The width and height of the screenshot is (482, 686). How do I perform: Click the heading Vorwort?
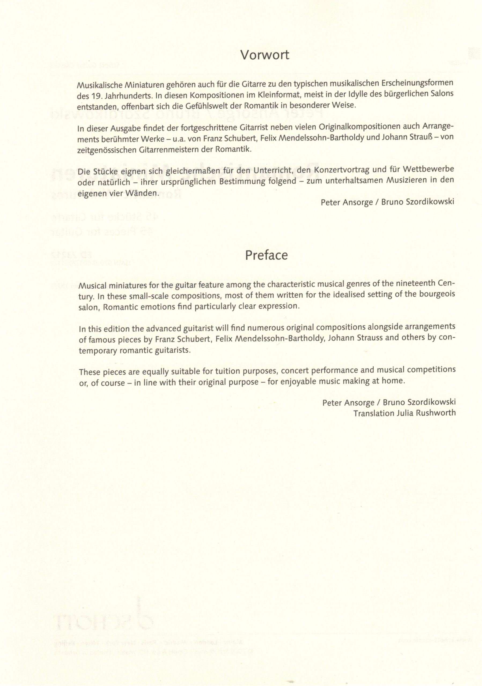tap(265, 55)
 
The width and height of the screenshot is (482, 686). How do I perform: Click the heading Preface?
tap(266, 255)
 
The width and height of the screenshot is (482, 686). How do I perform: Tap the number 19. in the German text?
tap(96, 97)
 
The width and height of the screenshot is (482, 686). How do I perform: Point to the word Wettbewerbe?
tap(428, 169)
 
